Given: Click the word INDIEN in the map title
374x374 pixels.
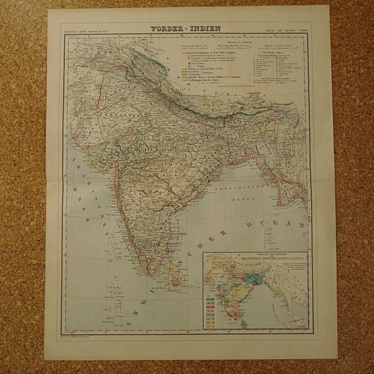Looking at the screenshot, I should point(203,28).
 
